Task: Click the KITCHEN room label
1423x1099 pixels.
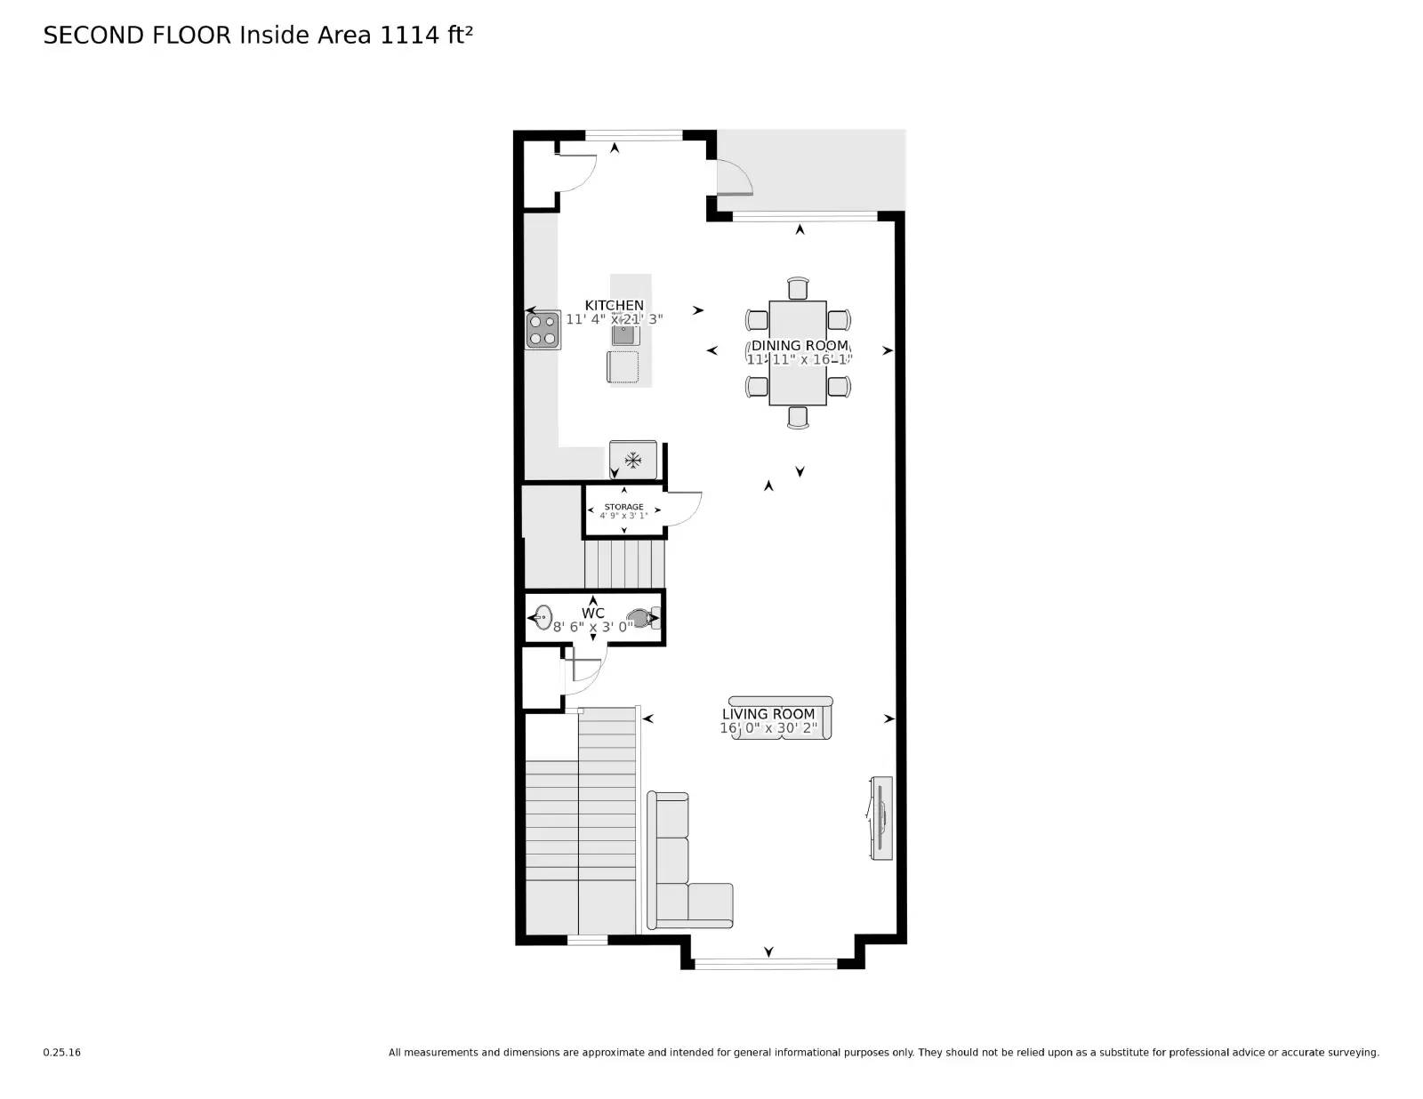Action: pyautogui.click(x=614, y=305)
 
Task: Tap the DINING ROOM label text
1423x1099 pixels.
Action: pyautogui.click(x=800, y=346)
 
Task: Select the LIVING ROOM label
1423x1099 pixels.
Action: pyautogui.click(x=768, y=714)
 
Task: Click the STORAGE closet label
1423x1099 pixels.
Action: pyautogui.click(x=623, y=507)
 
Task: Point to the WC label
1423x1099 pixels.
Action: pyautogui.click(x=593, y=613)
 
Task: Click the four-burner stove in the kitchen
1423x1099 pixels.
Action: pyautogui.click(x=543, y=330)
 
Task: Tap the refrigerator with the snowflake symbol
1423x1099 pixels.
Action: pyautogui.click(x=633, y=460)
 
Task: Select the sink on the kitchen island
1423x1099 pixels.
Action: pyautogui.click(x=625, y=334)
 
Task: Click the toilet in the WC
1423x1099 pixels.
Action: pyautogui.click(x=640, y=616)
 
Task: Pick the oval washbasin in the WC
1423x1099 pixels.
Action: pyautogui.click(x=542, y=616)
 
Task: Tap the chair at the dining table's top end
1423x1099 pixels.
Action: pyautogui.click(x=799, y=288)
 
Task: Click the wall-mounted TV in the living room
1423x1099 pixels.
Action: pyautogui.click(x=880, y=818)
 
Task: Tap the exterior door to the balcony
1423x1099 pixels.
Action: pyautogui.click(x=734, y=177)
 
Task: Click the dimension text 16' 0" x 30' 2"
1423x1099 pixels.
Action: pyautogui.click(x=768, y=728)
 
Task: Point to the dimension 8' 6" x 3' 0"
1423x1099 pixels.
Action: pyautogui.click(x=593, y=626)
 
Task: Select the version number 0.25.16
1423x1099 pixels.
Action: pyautogui.click(x=61, y=1053)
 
